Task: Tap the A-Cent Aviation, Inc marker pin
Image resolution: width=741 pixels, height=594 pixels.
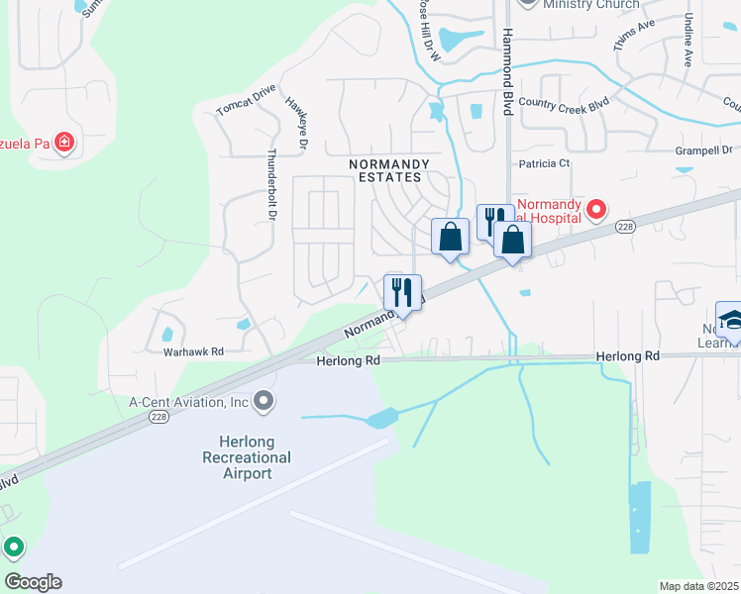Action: (x=264, y=401)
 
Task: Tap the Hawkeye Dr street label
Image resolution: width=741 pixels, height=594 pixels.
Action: (x=297, y=123)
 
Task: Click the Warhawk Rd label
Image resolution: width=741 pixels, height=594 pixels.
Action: (x=194, y=351)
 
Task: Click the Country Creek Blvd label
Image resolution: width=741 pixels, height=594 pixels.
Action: (x=564, y=102)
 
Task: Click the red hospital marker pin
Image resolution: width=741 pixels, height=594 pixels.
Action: (x=596, y=209)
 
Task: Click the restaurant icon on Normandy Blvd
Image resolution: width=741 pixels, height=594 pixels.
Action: (x=402, y=292)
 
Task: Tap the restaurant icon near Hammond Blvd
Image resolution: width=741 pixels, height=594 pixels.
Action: (x=494, y=222)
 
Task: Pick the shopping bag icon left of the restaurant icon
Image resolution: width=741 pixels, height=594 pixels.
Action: (x=451, y=238)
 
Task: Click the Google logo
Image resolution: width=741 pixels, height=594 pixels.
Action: (x=33, y=582)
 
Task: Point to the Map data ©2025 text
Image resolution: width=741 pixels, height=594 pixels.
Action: (x=698, y=586)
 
